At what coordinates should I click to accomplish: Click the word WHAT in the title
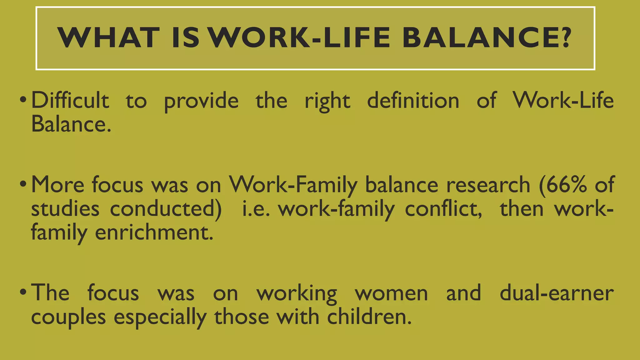click(x=108, y=38)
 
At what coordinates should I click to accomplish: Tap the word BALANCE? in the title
click(x=487, y=38)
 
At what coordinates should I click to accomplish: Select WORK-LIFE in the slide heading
click(x=299, y=38)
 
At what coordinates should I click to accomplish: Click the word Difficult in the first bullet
click(x=70, y=101)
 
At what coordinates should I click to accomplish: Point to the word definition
click(x=413, y=101)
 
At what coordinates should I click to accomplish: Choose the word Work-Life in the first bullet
click(x=563, y=101)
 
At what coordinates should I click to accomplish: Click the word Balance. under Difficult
click(x=71, y=124)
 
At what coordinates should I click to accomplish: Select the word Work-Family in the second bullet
click(x=293, y=185)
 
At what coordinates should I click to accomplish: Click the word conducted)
click(x=166, y=209)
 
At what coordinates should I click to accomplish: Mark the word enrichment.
click(x=154, y=232)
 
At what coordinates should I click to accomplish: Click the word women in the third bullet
click(x=391, y=293)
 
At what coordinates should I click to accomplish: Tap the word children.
click(x=369, y=317)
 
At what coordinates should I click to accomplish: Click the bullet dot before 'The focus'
click(x=23, y=293)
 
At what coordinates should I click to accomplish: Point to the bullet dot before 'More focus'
click(x=23, y=185)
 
